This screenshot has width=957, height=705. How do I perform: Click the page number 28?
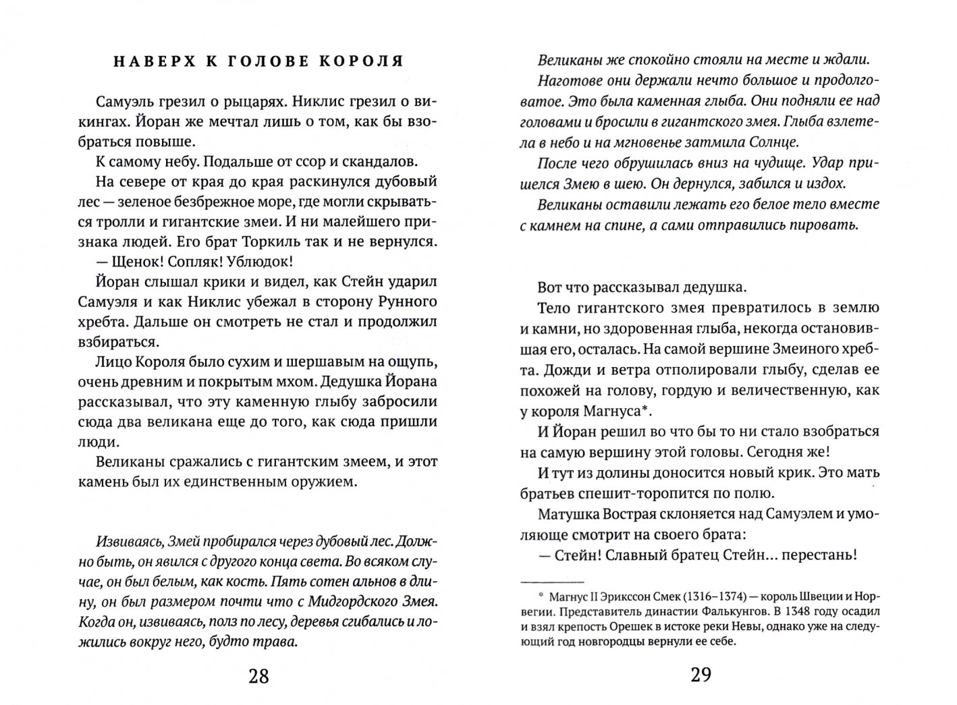(259, 675)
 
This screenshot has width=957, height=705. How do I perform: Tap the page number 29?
(701, 674)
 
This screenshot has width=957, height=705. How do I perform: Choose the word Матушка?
(568, 515)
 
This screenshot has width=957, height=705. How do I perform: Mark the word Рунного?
(404, 302)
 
